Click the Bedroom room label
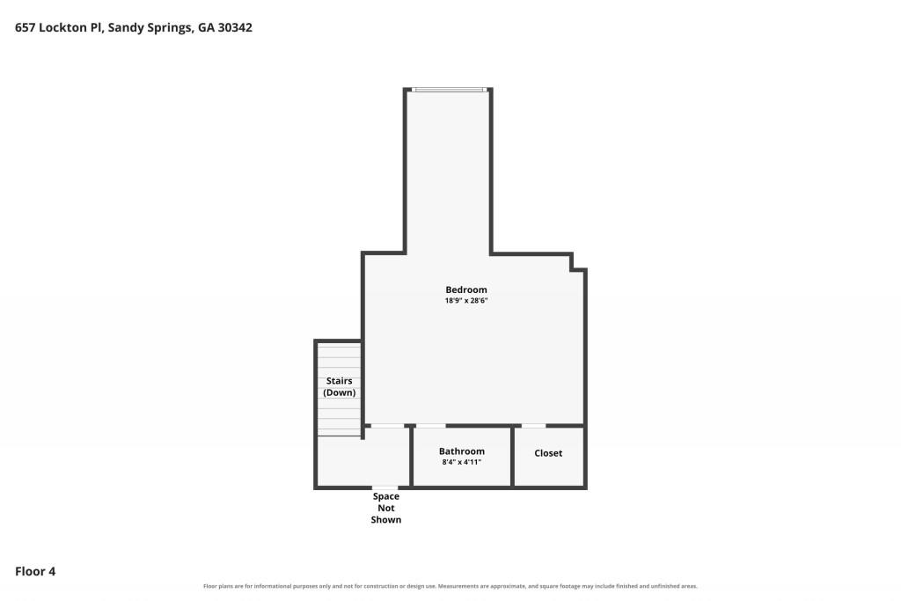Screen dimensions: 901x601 coord(466,290)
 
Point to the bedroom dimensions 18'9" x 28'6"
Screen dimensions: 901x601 coord(466,301)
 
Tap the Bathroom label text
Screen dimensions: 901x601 coord(461,451)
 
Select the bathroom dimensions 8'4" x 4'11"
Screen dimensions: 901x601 coord(461,462)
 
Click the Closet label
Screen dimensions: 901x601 coord(548,453)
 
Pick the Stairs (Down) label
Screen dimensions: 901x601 coord(339,386)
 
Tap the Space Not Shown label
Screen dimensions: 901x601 coord(386,508)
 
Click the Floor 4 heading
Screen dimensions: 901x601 coord(35,571)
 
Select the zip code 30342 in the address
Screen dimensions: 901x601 coord(235,27)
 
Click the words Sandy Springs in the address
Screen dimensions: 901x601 coord(150,27)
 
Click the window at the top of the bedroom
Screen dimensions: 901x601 coord(450,90)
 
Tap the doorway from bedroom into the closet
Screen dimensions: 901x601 coord(533,426)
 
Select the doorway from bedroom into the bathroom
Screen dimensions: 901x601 coord(430,426)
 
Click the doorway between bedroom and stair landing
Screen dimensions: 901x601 coord(387,426)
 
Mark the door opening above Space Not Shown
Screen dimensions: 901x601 coord(385,487)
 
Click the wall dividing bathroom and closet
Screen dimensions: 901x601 coord(512,457)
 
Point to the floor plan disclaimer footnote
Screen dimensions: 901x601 coord(450,586)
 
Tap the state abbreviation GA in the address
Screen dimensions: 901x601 coord(206,27)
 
